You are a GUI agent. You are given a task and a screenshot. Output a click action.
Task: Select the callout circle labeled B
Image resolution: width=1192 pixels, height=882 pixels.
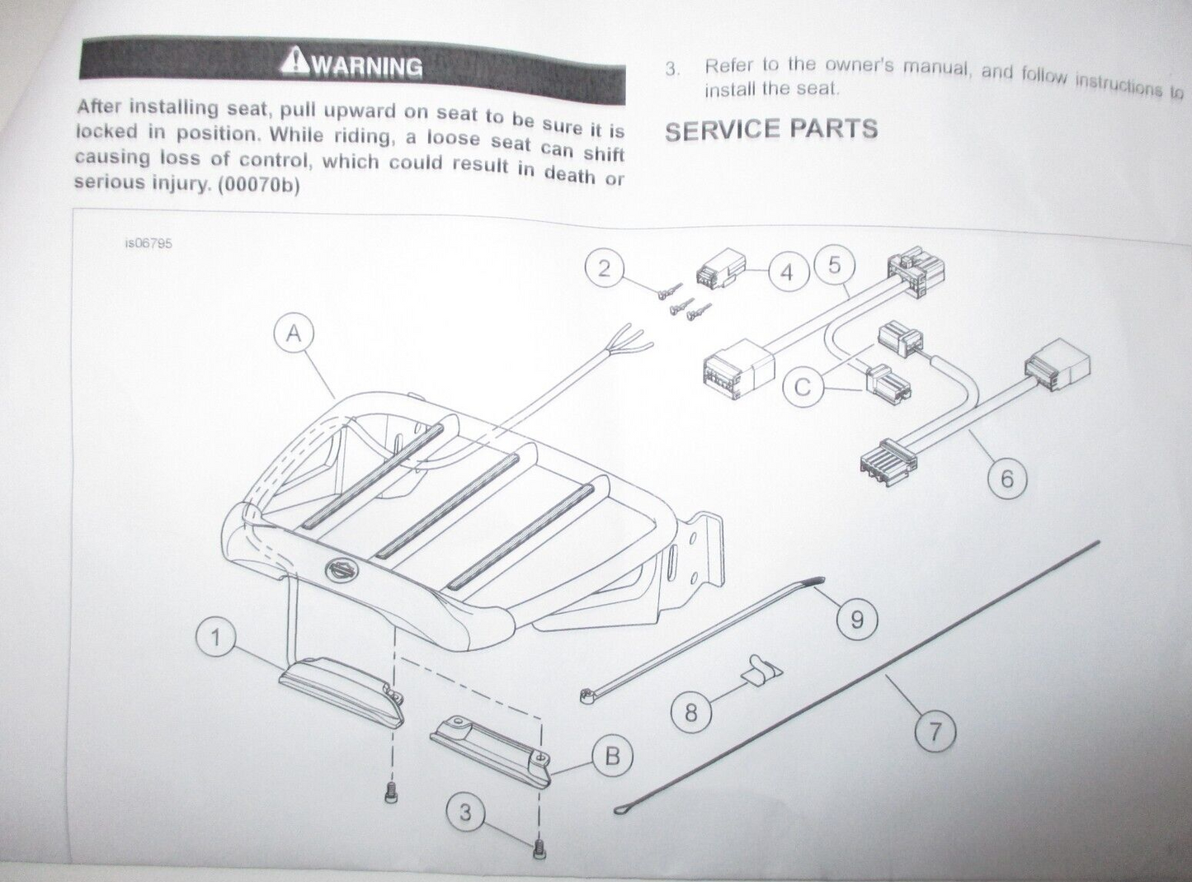coord(612,756)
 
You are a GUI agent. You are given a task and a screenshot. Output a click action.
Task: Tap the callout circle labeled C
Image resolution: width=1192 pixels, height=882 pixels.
coord(804,386)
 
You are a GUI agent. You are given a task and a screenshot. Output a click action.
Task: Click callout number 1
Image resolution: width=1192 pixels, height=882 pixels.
coord(216,638)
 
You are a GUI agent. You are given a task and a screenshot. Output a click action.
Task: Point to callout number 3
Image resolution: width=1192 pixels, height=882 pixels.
coord(466,814)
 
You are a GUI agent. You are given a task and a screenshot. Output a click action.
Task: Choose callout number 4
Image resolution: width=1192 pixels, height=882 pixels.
coord(786,272)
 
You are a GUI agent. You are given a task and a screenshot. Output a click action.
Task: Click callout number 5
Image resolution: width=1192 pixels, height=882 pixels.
coord(834,265)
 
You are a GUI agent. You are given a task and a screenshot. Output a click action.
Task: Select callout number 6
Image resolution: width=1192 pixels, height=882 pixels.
coord(1006,479)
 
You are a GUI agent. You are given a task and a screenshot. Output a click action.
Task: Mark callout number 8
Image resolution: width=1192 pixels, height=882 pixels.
coord(691,712)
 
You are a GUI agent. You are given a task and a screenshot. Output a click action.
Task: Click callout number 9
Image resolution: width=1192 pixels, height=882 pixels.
coord(856,618)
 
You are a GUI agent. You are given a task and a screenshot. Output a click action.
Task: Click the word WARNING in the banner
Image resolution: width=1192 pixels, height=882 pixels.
coord(365,66)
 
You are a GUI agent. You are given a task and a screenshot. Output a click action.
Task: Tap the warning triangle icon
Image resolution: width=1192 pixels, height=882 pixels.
coord(294,61)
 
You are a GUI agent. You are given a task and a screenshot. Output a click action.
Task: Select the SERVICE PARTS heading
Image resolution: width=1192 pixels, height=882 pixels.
coord(771,130)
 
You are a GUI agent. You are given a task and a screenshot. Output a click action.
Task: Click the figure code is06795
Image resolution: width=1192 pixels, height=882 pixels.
coord(149,244)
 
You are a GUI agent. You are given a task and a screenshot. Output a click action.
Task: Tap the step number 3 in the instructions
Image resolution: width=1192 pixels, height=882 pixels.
coord(672,69)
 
